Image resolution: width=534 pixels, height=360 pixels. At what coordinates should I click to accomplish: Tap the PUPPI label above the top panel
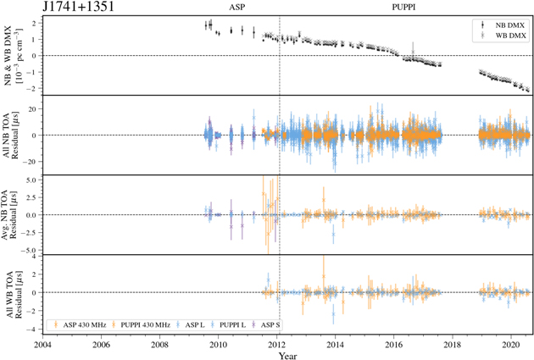pos(403,8)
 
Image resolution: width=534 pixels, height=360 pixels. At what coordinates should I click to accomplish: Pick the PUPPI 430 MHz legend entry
pos(154,324)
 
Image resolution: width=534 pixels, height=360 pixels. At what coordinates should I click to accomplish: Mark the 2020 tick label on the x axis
pos(511,344)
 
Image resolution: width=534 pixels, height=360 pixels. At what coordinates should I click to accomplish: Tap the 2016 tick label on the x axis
pos(394,344)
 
